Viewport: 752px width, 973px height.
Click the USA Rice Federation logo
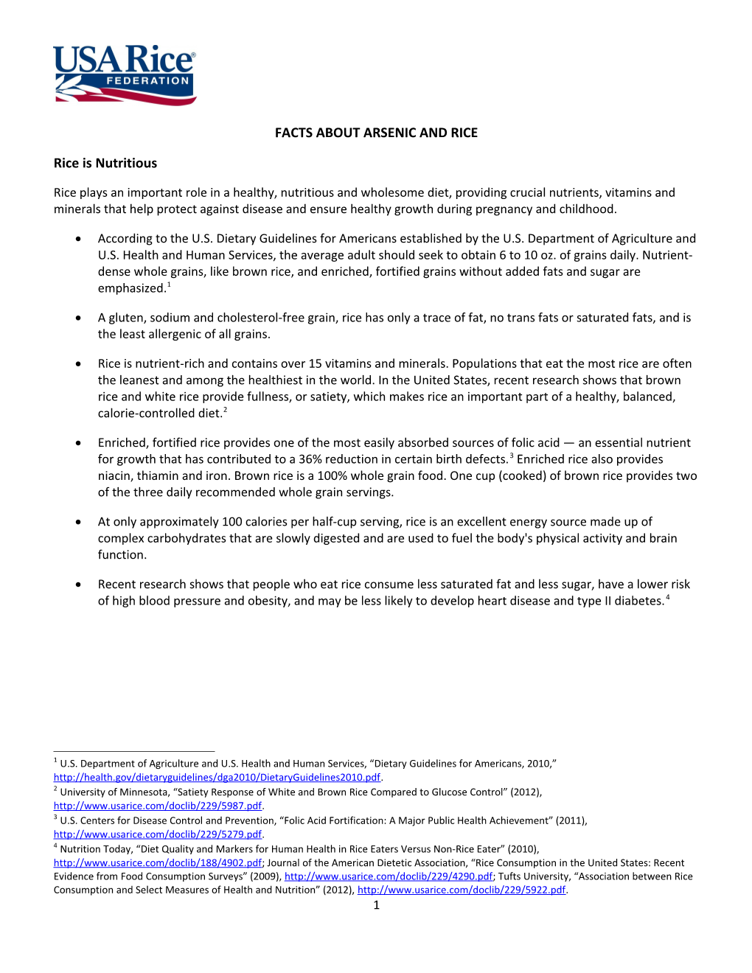(124, 74)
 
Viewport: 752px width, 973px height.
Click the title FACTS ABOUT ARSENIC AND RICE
(376, 133)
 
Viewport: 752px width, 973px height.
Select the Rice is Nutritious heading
(105, 163)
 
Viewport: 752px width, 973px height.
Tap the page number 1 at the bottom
(376, 905)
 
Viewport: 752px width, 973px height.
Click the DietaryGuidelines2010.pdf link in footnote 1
(217, 777)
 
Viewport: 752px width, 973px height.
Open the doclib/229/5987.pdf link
(158, 806)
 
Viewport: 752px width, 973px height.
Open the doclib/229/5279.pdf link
(158, 834)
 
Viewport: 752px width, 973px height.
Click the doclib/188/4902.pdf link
(158, 862)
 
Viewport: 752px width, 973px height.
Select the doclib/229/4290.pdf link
(389, 876)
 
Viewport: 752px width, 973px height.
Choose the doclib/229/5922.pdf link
(462, 890)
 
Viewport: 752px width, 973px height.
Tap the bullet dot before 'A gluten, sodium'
(78, 318)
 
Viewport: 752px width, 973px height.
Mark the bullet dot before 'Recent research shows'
(78, 584)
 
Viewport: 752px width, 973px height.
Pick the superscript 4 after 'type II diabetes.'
(668, 597)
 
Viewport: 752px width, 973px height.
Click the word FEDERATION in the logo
(147, 81)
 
